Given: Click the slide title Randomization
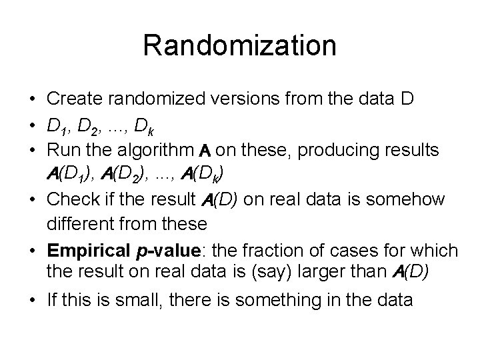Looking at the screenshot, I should (x=239, y=46).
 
